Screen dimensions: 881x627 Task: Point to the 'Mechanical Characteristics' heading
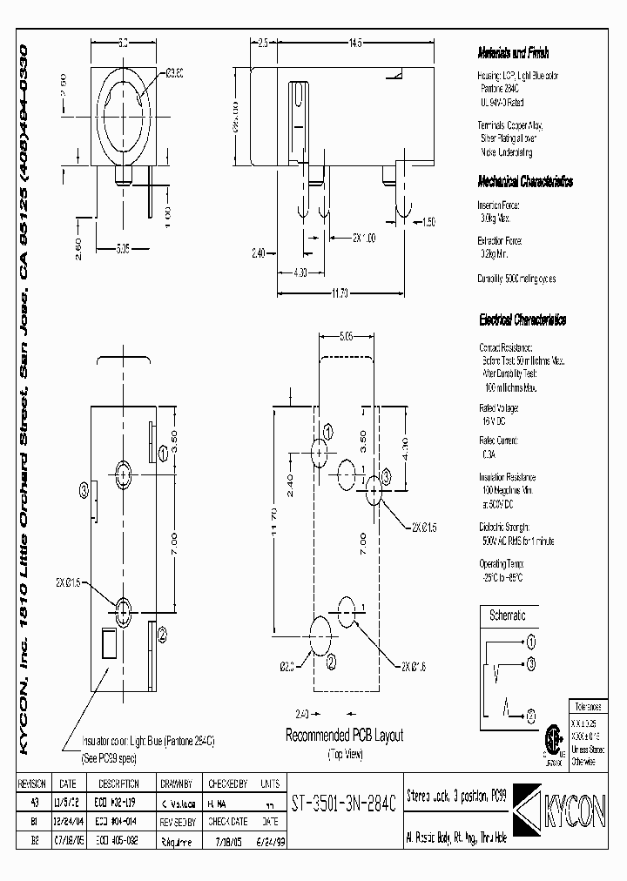tap(525, 182)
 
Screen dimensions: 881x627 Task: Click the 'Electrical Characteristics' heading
tap(522, 319)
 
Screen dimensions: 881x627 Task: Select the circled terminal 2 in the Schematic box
tap(529, 715)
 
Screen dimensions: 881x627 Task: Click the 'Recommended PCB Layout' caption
tap(345, 736)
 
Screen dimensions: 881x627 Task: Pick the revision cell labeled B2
tap(34, 841)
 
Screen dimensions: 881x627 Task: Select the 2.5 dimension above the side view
tap(261, 41)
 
